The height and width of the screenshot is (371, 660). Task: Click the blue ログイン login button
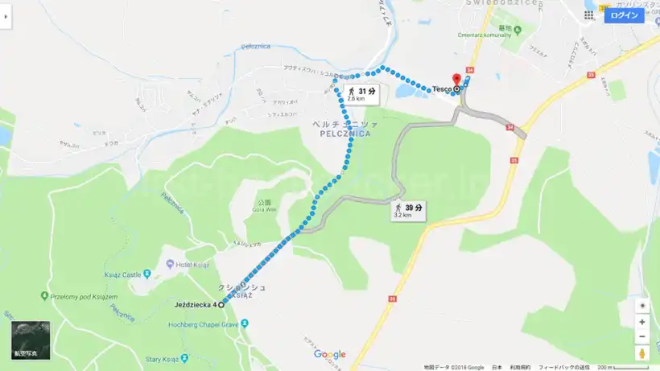[624, 15]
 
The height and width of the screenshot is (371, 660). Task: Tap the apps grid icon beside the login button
[589, 15]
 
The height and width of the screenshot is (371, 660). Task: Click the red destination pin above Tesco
[457, 78]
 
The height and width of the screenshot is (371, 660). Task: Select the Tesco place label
[442, 89]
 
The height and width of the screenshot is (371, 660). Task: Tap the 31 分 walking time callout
[361, 93]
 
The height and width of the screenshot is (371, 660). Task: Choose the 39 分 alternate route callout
[408, 211]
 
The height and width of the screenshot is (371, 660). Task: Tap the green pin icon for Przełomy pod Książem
[43, 296]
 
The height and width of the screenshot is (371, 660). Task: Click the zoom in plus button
[641, 322]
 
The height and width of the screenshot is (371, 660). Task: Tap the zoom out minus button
[641, 336]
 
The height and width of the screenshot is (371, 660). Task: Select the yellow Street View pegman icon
[641, 353]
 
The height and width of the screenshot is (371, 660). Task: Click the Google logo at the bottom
[329, 355]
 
